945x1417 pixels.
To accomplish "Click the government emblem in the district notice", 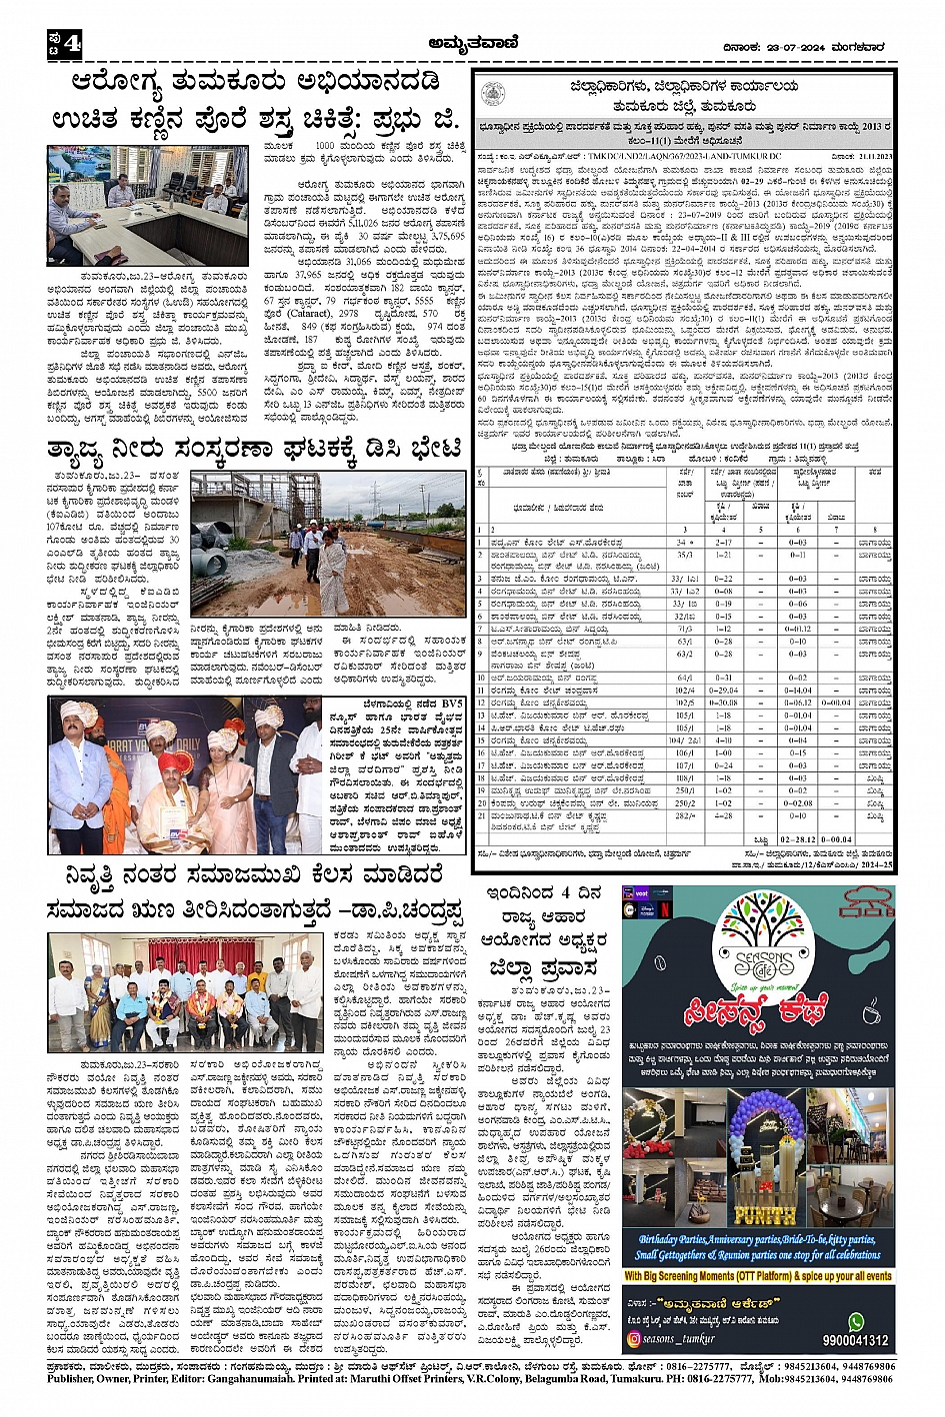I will (x=492, y=94).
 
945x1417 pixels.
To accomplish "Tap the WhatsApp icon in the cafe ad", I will (x=855, y=1322).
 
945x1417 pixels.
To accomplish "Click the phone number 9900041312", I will (x=855, y=1341).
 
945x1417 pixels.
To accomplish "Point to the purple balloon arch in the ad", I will (x=765, y=1149).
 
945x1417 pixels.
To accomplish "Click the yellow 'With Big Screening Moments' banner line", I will (x=757, y=1276).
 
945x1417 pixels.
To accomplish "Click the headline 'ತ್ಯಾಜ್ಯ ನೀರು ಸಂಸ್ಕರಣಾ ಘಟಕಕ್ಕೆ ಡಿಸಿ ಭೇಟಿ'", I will (x=246, y=446).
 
